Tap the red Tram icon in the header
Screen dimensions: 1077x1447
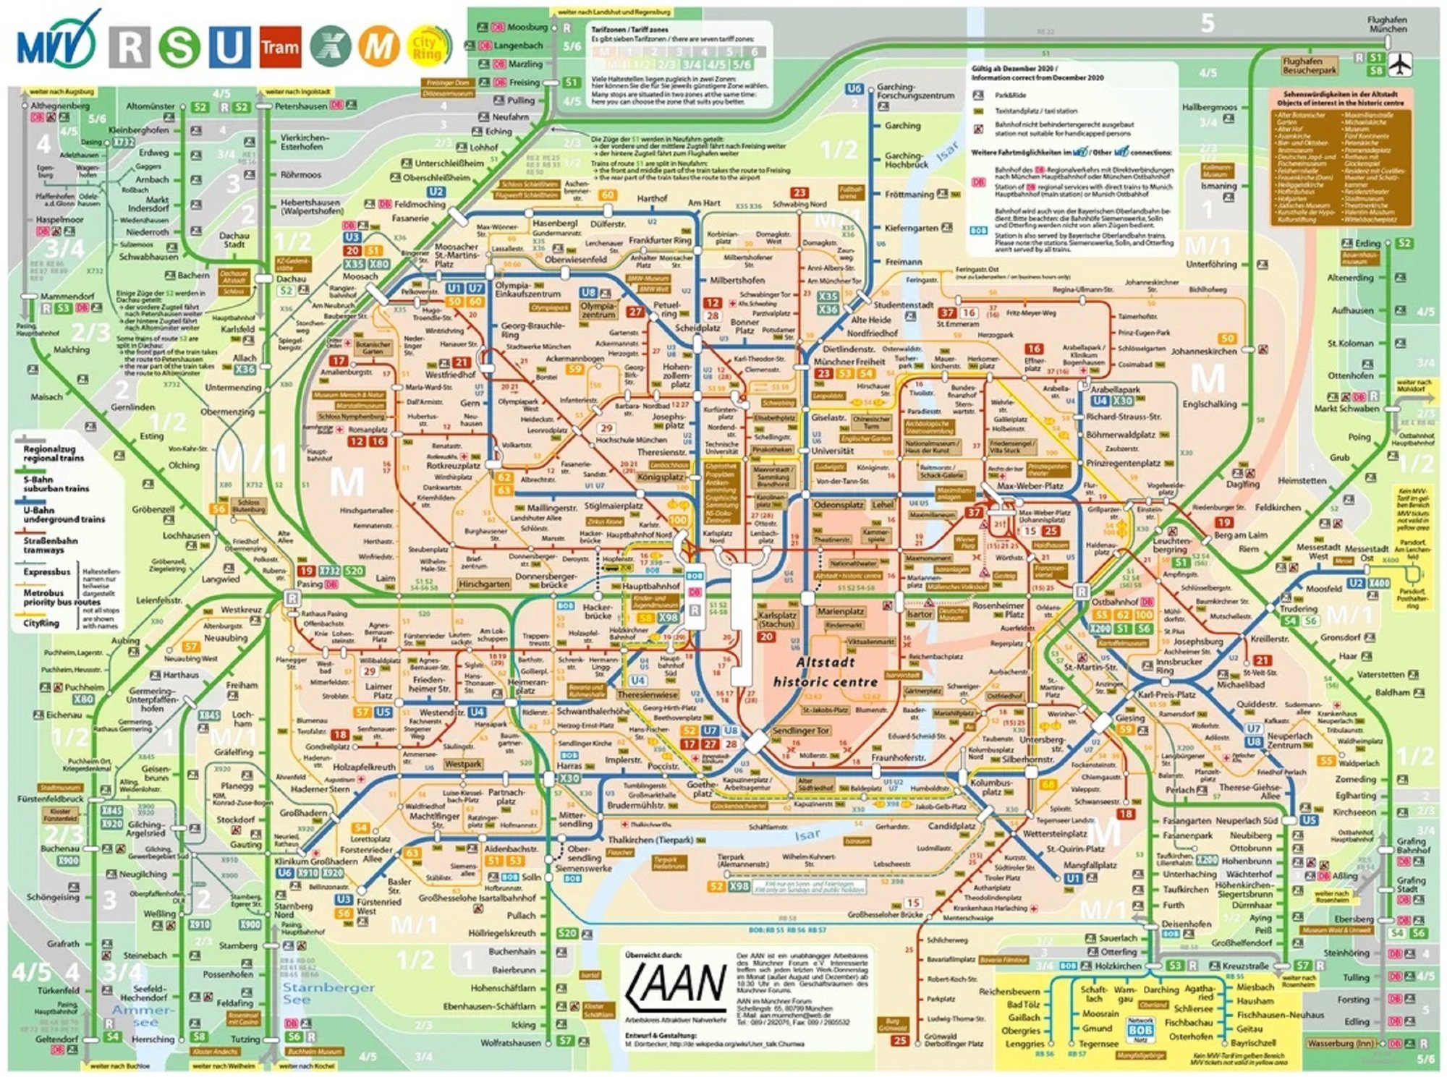(279, 47)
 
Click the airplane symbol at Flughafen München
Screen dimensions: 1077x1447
(1401, 64)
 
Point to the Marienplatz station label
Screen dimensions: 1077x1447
(841, 611)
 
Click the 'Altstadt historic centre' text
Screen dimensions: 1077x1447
(826, 672)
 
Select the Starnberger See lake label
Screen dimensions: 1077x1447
(328, 992)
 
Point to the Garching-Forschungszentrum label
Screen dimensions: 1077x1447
(915, 91)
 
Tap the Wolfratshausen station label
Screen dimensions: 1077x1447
(511, 1043)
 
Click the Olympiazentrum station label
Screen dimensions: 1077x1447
(598, 310)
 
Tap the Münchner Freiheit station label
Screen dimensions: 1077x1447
(849, 361)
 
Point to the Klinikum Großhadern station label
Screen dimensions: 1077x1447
(315, 861)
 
